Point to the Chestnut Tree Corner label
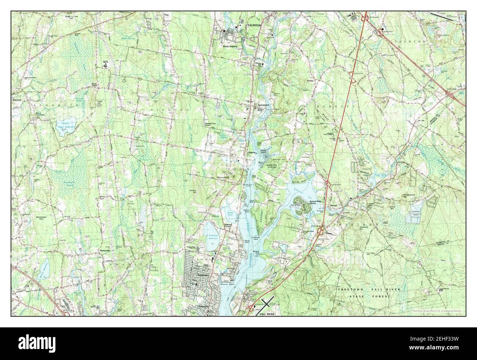213,124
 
